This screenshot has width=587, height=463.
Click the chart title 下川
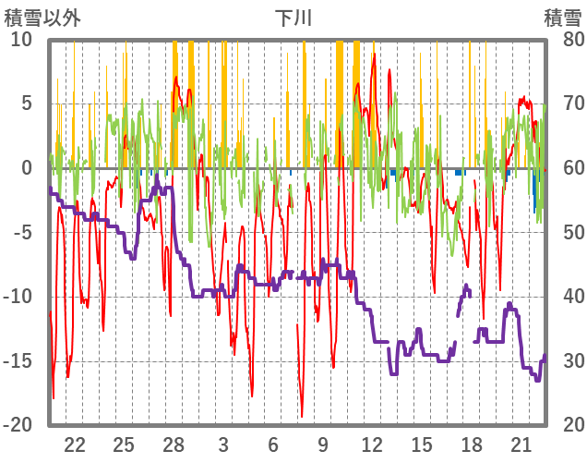[x=294, y=17]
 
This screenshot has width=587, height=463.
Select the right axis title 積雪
[x=562, y=17]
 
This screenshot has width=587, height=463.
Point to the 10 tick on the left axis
[x=21, y=39]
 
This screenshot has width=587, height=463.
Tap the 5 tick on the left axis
[x=26, y=103]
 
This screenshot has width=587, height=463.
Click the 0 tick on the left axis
[x=26, y=167]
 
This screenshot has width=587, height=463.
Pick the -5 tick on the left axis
[x=21, y=232]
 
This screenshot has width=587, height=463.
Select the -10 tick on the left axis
[x=18, y=296]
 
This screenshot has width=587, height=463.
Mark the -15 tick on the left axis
[x=18, y=360]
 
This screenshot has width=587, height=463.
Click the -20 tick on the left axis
[x=18, y=424]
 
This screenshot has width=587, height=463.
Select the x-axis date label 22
[x=75, y=443]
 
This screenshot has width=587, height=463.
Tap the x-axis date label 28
[x=174, y=443]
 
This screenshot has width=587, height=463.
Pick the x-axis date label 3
[x=223, y=443]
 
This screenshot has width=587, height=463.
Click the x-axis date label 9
[x=322, y=443]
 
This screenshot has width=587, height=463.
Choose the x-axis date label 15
[x=422, y=443]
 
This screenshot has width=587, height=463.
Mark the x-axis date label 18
[x=471, y=443]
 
